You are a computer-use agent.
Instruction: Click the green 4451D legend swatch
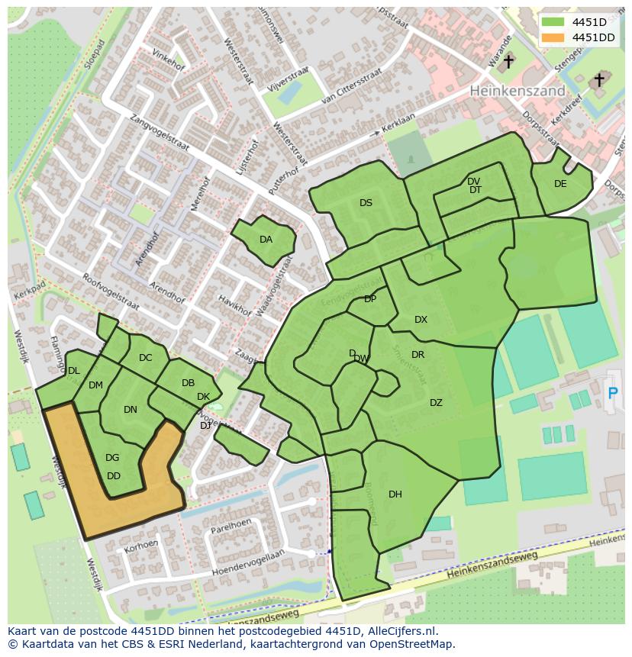(x=553, y=22)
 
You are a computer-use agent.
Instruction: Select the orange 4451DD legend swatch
(x=553, y=37)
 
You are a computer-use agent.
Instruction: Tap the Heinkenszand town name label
(x=517, y=90)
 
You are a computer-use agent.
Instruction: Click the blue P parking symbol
(x=611, y=393)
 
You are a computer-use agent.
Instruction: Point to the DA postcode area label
(x=266, y=240)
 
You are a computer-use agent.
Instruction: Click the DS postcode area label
(x=366, y=203)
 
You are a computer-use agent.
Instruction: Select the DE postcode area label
(x=560, y=184)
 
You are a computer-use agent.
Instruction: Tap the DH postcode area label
(x=395, y=494)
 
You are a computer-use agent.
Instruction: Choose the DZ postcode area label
(x=436, y=403)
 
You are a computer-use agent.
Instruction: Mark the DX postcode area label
(x=421, y=320)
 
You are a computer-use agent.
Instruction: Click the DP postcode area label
(x=370, y=299)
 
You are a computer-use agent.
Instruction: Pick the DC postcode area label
(x=146, y=358)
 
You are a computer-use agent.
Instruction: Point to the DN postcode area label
(x=131, y=410)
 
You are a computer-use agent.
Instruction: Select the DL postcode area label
(x=73, y=371)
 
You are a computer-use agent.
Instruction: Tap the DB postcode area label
(x=188, y=383)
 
